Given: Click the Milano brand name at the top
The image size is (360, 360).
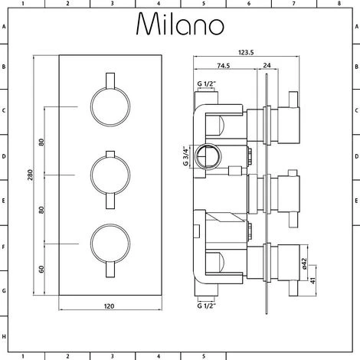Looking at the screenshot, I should tap(179, 25).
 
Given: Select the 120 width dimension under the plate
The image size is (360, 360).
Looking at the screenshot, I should tap(109, 306).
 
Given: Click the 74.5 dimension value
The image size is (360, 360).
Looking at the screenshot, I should tap(224, 67).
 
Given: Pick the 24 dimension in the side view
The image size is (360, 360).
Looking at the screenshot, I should tap(265, 67).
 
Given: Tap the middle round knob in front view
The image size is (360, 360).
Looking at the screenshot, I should tap(106, 175).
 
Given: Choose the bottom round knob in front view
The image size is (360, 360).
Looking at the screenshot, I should tap(106, 247).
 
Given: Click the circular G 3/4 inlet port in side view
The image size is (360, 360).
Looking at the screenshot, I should tap(205, 158).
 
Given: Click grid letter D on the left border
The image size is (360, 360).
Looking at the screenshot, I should tap(5, 156).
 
